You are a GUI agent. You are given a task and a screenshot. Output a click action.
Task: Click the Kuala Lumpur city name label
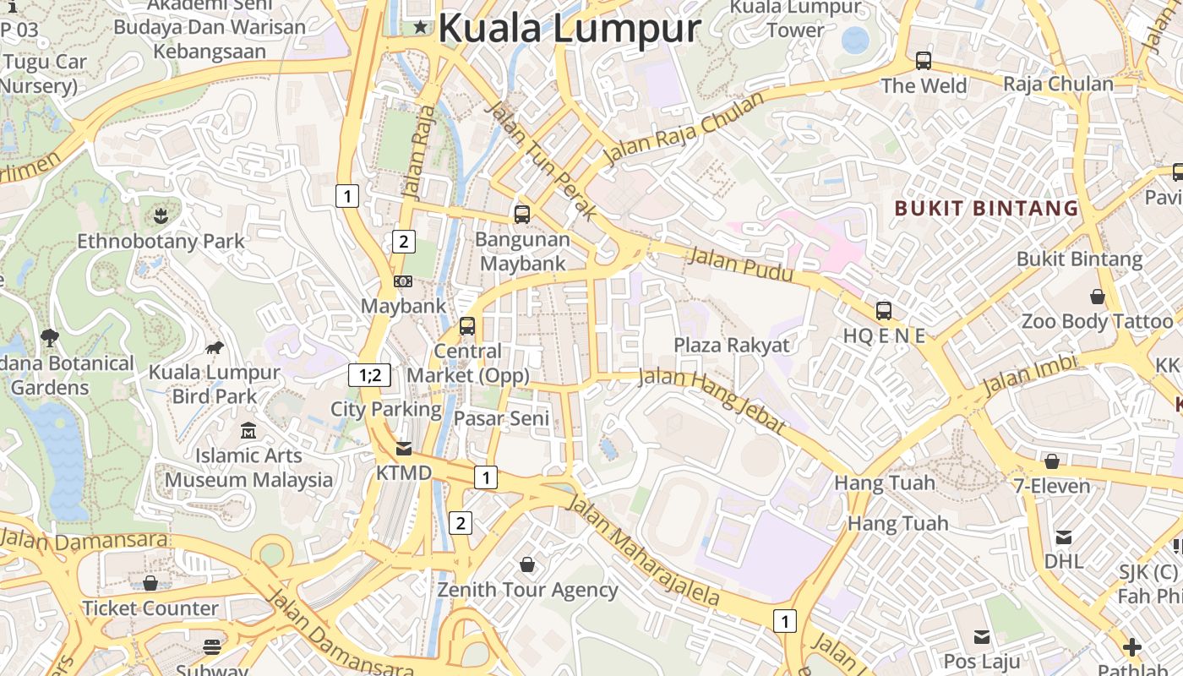(x=569, y=28)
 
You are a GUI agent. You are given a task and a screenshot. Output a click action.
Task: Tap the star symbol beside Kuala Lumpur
(x=421, y=28)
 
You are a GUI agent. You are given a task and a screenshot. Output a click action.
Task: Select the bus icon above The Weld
(x=923, y=61)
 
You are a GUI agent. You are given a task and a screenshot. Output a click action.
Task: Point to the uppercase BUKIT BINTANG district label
(x=986, y=208)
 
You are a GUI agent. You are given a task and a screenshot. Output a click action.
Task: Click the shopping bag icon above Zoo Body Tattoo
(x=1097, y=297)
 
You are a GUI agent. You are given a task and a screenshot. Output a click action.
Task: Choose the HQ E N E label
(x=884, y=335)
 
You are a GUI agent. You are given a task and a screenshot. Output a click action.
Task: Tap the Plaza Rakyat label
(x=731, y=345)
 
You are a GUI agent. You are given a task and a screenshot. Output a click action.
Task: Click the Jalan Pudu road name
(x=741, y=264)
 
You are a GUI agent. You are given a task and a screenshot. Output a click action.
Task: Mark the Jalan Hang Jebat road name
(x=713, y=400)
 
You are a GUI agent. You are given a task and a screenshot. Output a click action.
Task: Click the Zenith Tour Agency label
(x=527, y=590)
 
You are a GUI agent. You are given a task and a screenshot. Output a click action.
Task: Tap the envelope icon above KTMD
(x=404, y=448)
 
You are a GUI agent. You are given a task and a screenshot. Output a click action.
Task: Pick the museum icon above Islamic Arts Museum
(x=248, y=432)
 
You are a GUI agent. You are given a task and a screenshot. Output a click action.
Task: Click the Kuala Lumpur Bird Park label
(x=215, y=384)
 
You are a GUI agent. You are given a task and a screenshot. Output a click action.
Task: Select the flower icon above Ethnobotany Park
(x=161, y=216)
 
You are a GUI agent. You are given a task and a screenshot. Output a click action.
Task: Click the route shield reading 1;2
(x=370, y=375)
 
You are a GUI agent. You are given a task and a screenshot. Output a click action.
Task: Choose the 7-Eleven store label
(x=1052, y=486)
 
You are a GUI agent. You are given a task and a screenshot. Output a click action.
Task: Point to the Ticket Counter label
(x=150, y=608)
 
